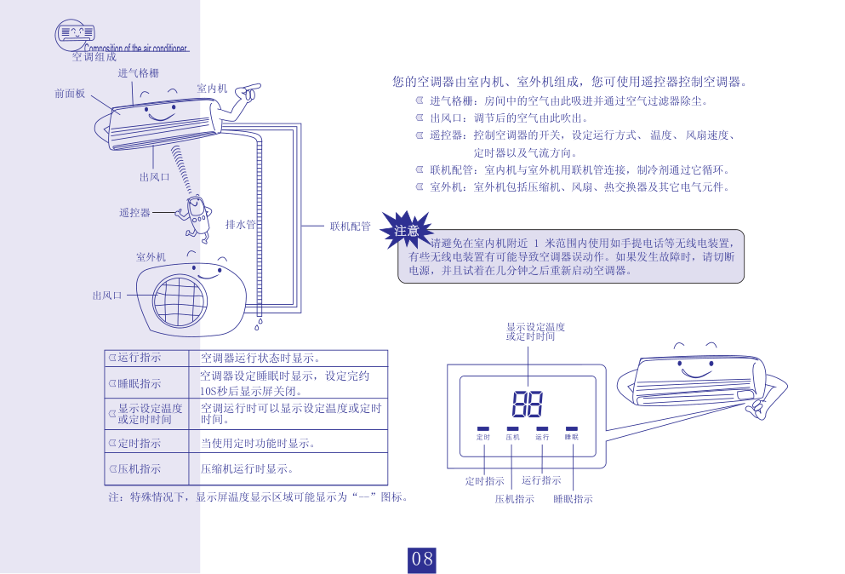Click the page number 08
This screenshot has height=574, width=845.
pyautogui.click(x=422, y=560)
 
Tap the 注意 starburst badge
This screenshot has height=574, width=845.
pyautogui.click(x=406, y=230)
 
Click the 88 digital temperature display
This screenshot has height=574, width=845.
pyautogui.click(x=528, y=405)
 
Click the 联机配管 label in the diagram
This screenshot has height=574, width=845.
pyautogui.click(x=351, y=227)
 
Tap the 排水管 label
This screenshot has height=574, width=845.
pyautogui.click(x=240, y=225)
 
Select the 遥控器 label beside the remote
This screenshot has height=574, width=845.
pyautogui.click(x=134, y=213)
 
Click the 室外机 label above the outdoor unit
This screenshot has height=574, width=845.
pyautogui.click(x=151, y=256)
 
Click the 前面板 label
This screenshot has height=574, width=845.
pyautogui.click(x=70, y=94)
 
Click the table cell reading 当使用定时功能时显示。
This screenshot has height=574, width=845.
pyautogui.click(x=258, y=444)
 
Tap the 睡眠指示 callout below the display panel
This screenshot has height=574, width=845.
pyautogui.click(x=573, y=498)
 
